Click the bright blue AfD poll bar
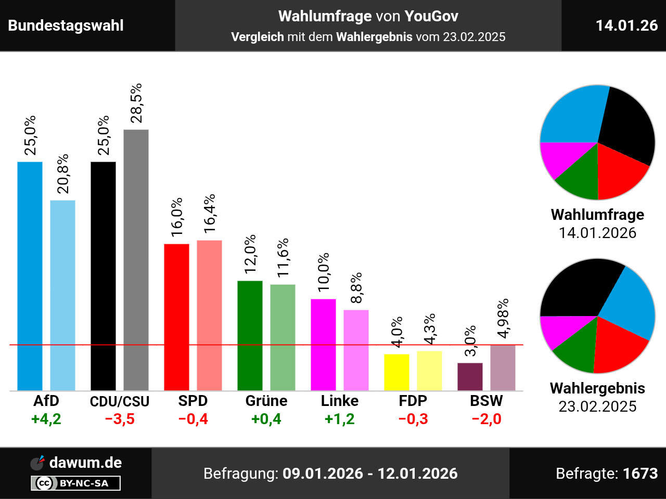point(30,275)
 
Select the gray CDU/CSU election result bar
point(136,260)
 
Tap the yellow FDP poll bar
point(396,372)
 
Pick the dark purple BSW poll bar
point(470,377)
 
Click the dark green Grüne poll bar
point(250,335)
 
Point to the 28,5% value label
point(136,103)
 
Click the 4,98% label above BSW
point(503,319)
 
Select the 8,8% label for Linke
point(356,288)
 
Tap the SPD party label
point(193,401)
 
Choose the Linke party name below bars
point(339,401)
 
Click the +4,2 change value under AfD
point(46,419)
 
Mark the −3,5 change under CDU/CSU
point(120,419)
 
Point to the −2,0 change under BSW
point(486,419)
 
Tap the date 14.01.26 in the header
point(626,25)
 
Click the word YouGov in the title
point(431,16)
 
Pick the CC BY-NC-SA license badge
point(76,483)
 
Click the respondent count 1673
point(640,474)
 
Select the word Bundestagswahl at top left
point(66,25)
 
